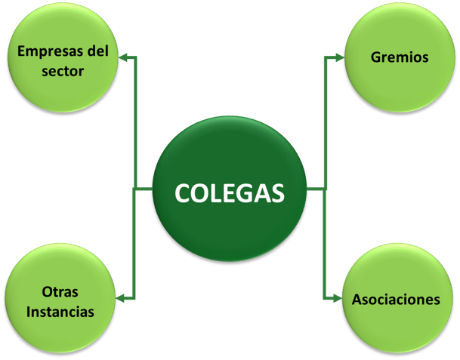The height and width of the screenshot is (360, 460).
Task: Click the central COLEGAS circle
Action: pyautogui.click(x=230, y=192)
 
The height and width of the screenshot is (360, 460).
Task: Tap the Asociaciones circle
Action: pyautogui.click(x=396, y=298)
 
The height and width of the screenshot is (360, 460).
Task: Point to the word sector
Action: pyautogui.click(x=62, y=72)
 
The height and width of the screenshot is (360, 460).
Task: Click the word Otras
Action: pyautogui.click(x=61, y=291)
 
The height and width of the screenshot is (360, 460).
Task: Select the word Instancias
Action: pyautogui.click(x=60, y=311)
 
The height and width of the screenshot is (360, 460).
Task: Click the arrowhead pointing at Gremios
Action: pyautogui.click(x=338, y=57)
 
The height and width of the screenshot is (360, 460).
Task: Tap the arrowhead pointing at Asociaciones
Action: pyautogui.click(x=337, y=298)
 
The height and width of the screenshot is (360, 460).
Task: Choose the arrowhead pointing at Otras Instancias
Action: pyautogui.click(x=122, y=298)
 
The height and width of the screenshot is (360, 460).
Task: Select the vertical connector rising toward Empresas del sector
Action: pyautogui.click(x=138, y=121)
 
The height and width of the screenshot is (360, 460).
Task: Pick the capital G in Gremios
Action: pyautogui.click(x=377, y=57)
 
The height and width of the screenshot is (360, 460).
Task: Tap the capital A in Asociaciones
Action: pyautogui.click(x=357, y=299)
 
